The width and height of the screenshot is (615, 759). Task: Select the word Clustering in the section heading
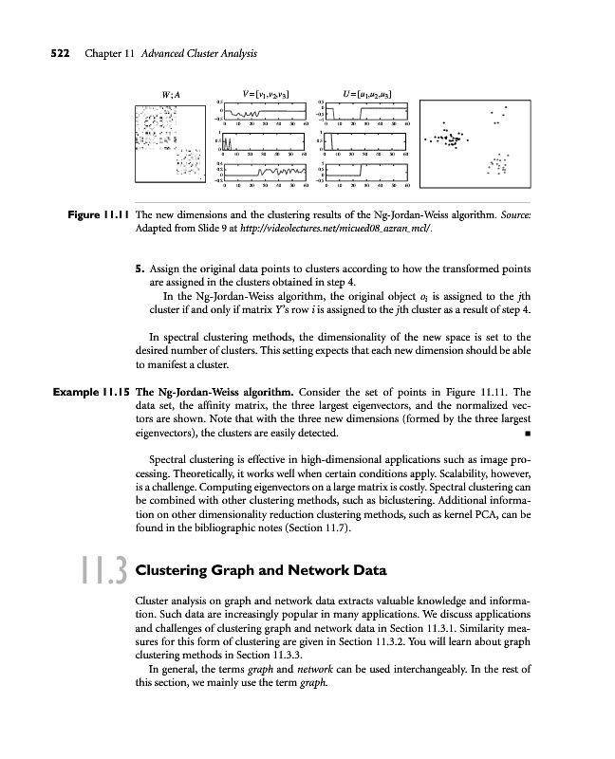pos(176,571)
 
